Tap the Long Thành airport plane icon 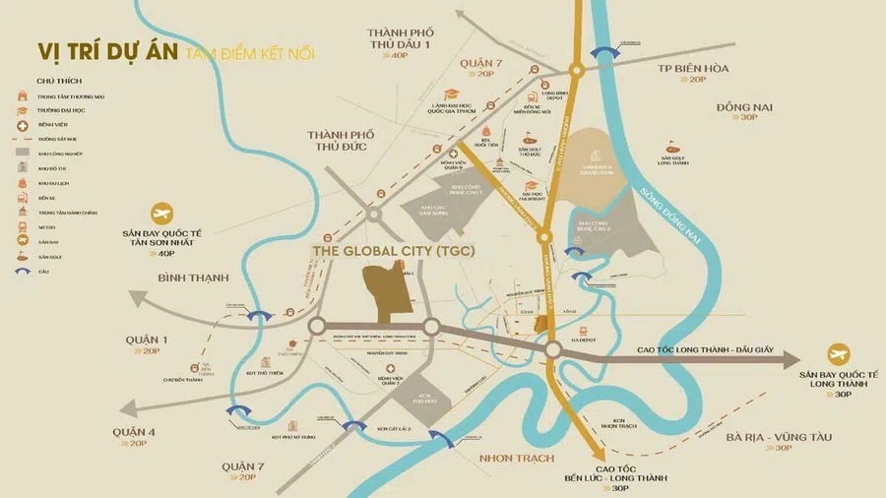839,354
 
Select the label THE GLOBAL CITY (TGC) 394,251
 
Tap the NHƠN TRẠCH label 516,459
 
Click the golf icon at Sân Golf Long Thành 672,146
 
